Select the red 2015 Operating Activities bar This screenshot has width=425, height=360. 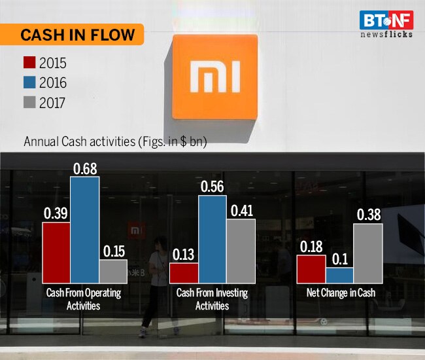[56, 251]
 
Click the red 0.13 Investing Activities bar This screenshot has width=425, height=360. [184, 272]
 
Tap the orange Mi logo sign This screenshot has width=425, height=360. [214, 77]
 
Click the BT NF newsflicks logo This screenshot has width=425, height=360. [386, 24]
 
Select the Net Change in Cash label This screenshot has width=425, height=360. [341, 293]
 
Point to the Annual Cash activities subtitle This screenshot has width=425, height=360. [115, 141]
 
